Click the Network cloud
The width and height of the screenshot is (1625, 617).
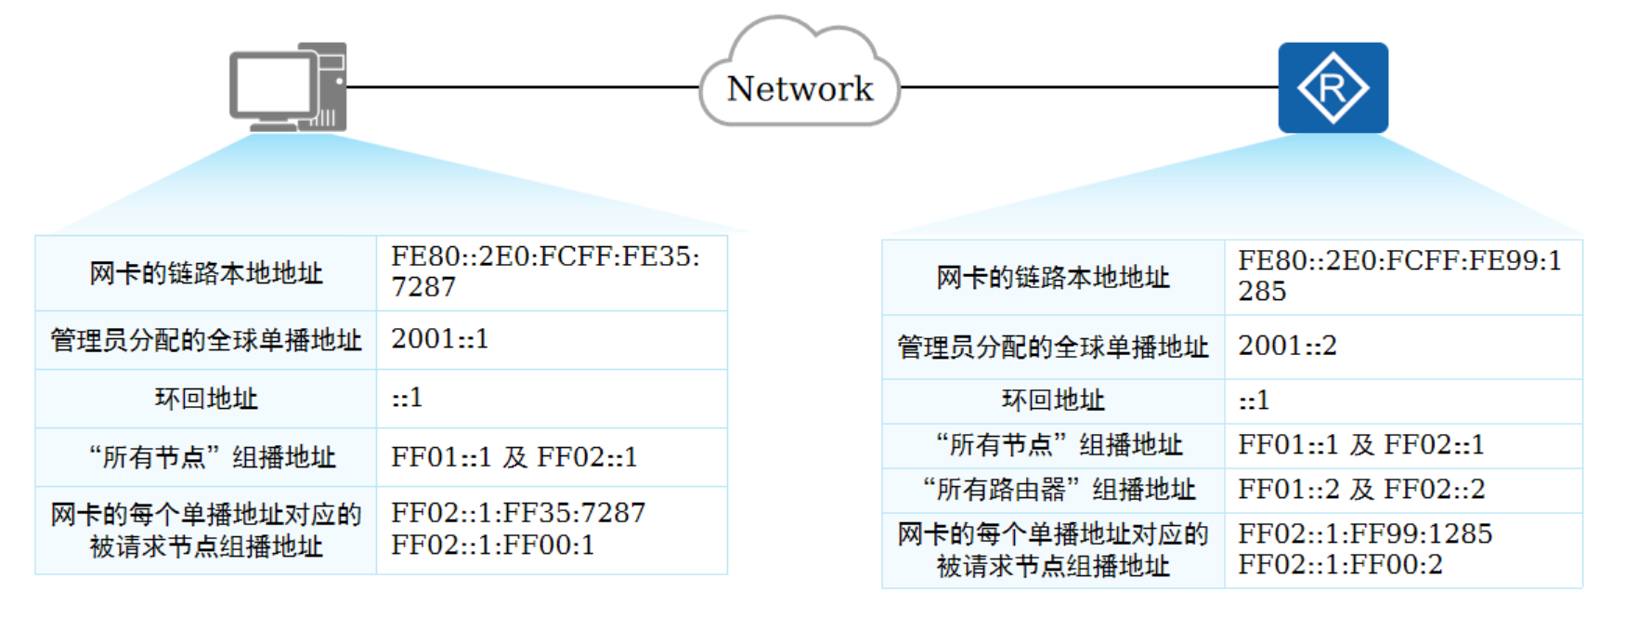coord(799,87)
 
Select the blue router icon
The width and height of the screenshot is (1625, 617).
coord(1332,87)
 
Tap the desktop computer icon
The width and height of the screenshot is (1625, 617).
coord(288,87)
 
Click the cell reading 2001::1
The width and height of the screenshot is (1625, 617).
coord(439,339)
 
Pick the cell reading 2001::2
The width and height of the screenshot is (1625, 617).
coord(1287,346)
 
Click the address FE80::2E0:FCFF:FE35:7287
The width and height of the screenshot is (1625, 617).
coord(545,271)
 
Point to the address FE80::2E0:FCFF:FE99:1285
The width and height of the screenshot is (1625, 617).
coord(1398,275)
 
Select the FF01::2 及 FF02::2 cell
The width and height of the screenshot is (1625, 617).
coord(1361,489)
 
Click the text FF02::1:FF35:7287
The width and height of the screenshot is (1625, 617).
coord(517,513)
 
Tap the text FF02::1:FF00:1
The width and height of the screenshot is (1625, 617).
coord(492,545)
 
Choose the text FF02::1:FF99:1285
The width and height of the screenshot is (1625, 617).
coord(1365,533)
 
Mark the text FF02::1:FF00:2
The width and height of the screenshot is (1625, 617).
coord(1340,564)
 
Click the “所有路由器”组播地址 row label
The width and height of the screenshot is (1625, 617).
coord(1052,489)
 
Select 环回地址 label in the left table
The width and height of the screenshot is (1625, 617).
coord(205,399)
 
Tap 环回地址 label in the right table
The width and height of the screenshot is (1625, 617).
coord(1052,400)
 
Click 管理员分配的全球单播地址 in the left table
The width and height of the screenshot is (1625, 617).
coord(205,340)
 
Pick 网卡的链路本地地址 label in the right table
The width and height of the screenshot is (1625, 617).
coord(1052,277)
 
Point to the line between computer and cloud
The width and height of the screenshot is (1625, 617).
coord(520,87)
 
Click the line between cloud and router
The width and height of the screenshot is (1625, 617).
coord(1086,87)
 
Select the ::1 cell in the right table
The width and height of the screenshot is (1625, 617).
coord(1254,400)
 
